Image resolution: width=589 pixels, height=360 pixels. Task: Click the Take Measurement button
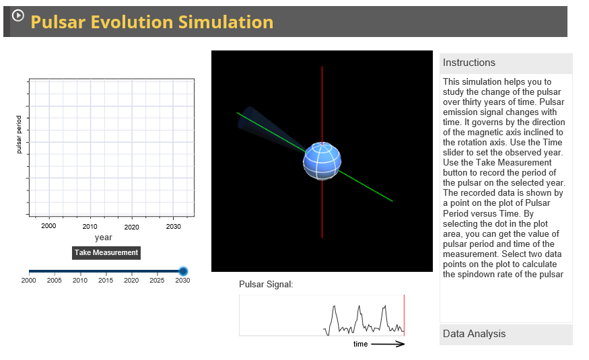click(106, 252)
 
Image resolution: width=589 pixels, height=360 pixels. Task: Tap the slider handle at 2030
click(183, 271)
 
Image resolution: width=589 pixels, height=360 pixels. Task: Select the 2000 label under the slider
click(28, 280)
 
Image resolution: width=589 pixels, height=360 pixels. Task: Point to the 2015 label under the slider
click(106, 280)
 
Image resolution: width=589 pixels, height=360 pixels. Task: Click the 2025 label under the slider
click(157, 280)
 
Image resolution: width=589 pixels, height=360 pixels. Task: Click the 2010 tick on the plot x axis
click(90, 227)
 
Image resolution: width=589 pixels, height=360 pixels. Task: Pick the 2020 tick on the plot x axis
click(131, 227)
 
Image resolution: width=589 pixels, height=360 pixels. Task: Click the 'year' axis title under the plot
click(103, 238)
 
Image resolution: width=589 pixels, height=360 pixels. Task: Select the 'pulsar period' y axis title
click(19, 134)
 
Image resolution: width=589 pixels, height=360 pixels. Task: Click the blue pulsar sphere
click(322, 162)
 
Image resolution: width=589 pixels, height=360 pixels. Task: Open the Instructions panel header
click(506, 63)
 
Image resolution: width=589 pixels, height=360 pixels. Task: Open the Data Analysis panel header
click(506, 334)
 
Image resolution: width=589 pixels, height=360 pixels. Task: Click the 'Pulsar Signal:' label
click(266, 285)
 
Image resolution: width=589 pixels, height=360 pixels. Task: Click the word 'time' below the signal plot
click(360, 344)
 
